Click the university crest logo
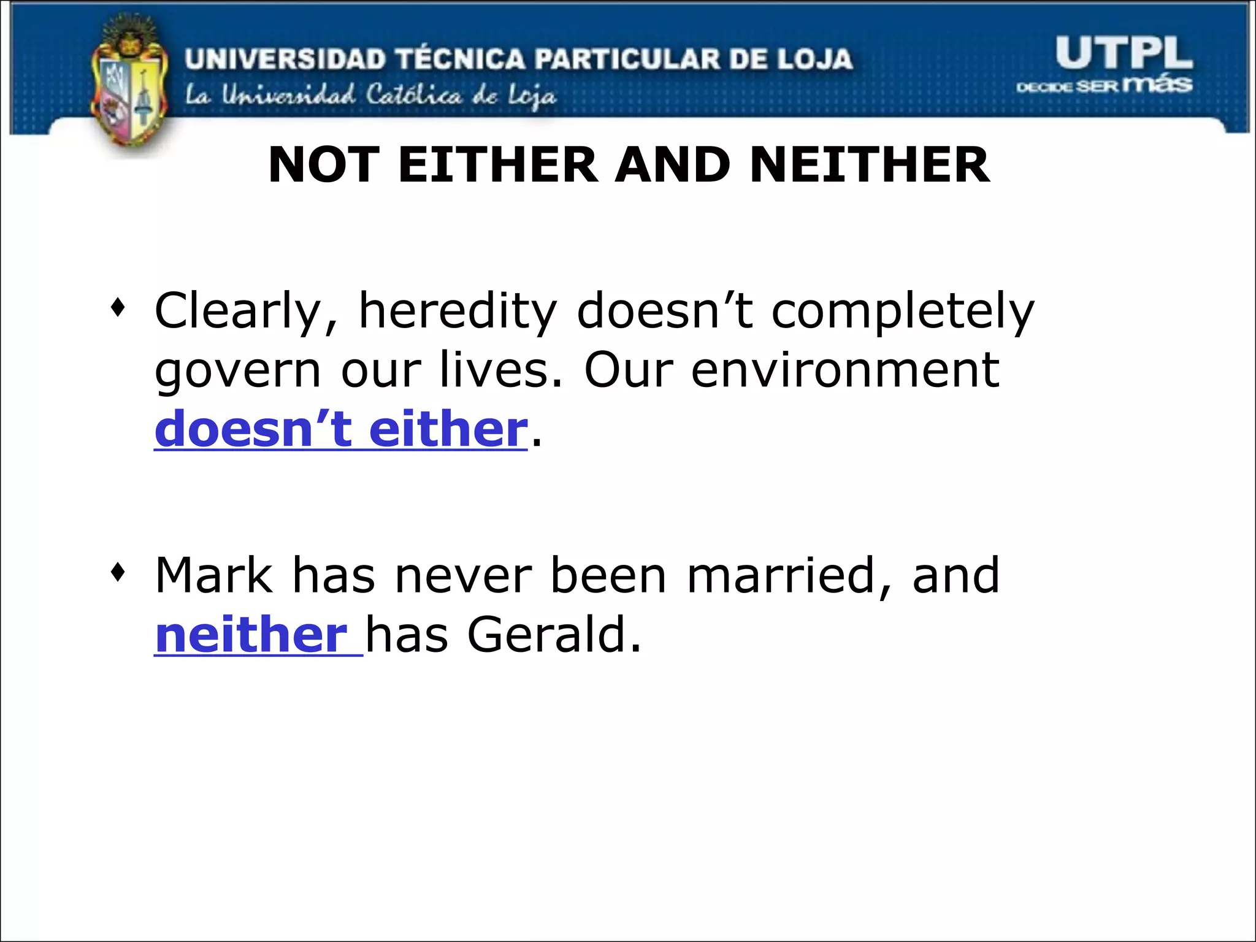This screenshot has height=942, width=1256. click(x=129, y=86)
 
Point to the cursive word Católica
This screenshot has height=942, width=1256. click(x=413, y=96)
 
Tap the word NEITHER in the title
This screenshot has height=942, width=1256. click(x=869, y=165)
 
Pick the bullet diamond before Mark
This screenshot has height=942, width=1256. click(x=118, y=573)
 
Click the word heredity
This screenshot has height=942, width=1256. click(x=458, y=312)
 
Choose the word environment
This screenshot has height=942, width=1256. click(x=845, y=370)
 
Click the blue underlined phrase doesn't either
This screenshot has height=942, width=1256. click(x=340, y=429)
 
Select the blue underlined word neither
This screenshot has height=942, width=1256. click(x=251, y=635)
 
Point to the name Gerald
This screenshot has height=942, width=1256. click(x=553, y=635)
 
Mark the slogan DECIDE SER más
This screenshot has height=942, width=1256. click(x=1104, y=85)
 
